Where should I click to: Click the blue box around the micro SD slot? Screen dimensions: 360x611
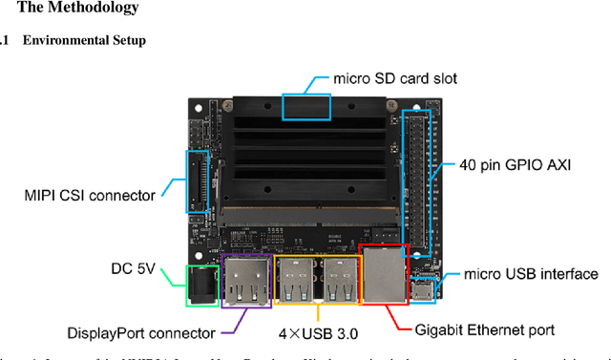coord(307,106)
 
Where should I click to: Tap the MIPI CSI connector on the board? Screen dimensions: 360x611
coord(198,181)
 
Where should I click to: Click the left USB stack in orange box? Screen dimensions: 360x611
coord(295,279)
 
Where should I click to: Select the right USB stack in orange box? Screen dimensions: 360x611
coord(337,279)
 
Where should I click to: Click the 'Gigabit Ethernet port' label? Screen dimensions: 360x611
coord(485,330)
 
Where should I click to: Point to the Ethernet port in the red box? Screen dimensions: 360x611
coord(385,273)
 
